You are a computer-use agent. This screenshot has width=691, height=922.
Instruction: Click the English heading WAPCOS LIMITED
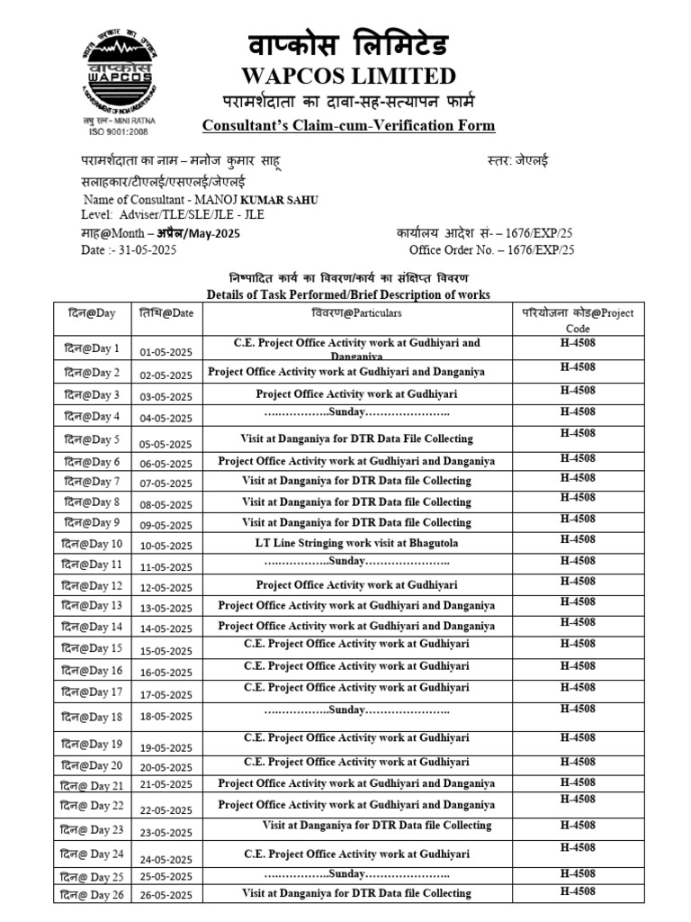coord(347,76)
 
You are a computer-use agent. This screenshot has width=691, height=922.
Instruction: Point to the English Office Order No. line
coord(491,250)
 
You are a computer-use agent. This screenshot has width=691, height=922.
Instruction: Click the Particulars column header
coord(356,313)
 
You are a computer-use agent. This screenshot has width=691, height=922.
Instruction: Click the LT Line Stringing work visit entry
coord(356,544)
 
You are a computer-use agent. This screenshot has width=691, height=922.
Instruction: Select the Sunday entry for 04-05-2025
coord(356,412)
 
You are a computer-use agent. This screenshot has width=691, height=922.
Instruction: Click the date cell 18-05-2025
coord(166,718)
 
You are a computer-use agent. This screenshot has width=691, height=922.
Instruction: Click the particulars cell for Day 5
coord(356,439)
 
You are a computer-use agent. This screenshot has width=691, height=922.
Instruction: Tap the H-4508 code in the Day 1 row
coord(578,343)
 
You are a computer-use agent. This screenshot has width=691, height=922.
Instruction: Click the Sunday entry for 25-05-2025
coord(356,874)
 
